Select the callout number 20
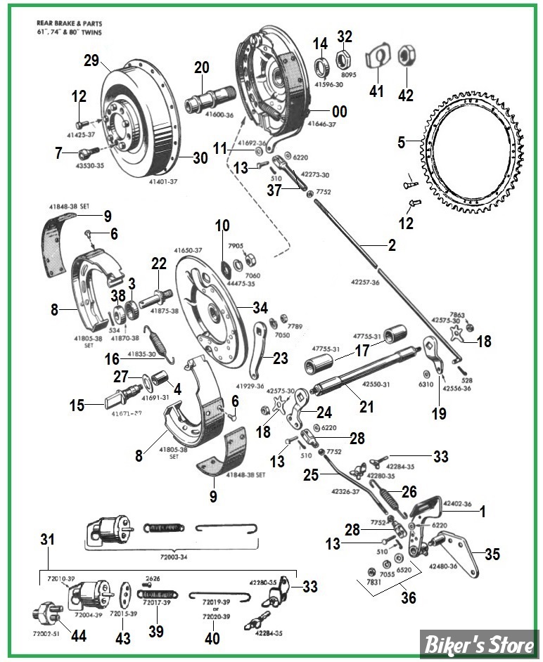(202, 67)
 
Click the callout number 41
(377, 91)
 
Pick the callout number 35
(492, 554)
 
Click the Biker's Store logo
(478, 643)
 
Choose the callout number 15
(77, 405)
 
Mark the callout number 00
(340, 111)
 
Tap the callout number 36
(409, 598)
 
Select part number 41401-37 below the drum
(164, 181)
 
